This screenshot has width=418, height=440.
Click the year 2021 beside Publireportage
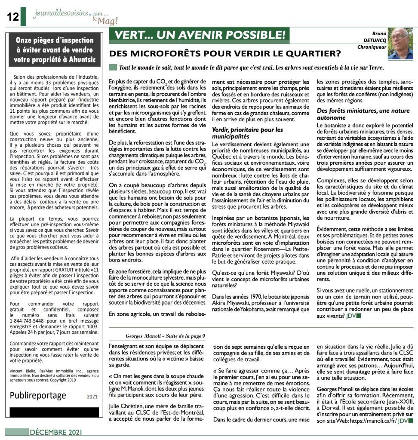(92, 397)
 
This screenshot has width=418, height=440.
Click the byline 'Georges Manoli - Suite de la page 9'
(166, 335)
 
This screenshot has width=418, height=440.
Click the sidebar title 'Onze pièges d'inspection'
(55, 40)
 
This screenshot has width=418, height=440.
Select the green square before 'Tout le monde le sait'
(113, 68)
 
